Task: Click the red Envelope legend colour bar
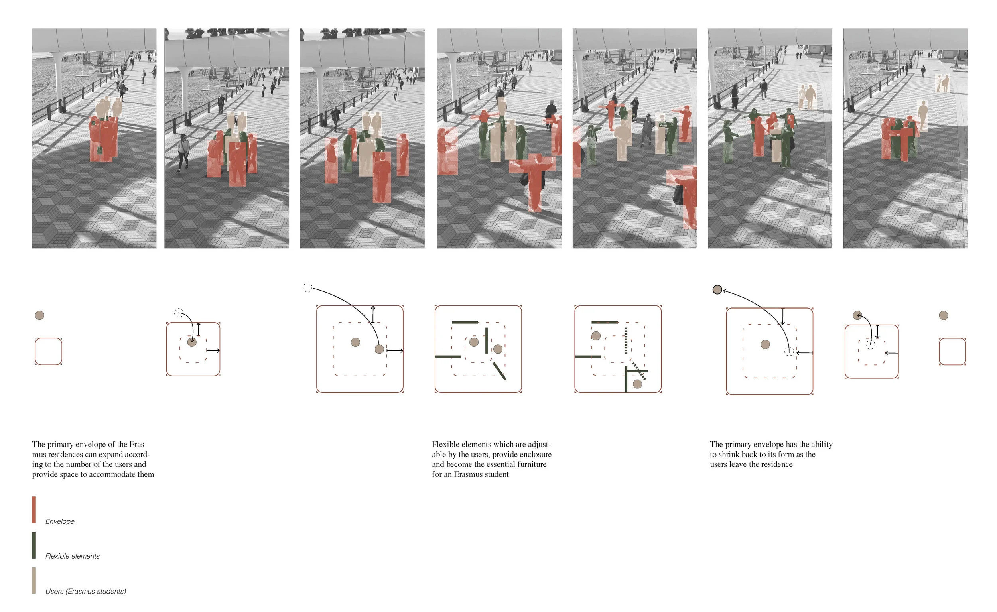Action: (34, 510)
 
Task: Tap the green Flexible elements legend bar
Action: (34, 545)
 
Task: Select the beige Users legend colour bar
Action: (34, 581)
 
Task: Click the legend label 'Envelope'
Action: (60, 521)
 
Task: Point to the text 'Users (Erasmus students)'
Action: (86, 591)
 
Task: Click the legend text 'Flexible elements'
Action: (73, 556)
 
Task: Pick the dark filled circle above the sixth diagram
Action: (717, 290)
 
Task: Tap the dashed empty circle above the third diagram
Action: (307, 287)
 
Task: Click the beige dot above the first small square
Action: (39, 315)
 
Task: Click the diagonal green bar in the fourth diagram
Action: (499, 371)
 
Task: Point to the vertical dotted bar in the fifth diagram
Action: (626, 341)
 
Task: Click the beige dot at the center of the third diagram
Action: (355, 342)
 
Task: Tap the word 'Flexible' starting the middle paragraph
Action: (445, 444)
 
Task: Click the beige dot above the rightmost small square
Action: (943, 315)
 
